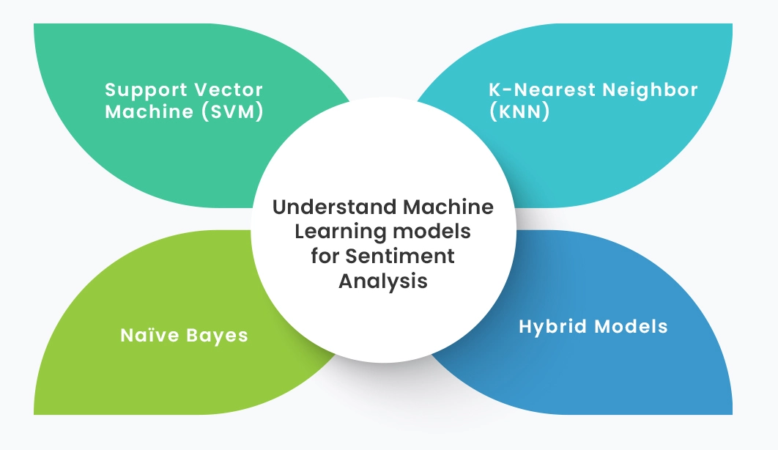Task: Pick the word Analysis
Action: (x=382, y=281)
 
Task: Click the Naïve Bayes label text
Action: (x=184, y=336)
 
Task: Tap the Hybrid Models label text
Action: (x=593, y=327)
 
